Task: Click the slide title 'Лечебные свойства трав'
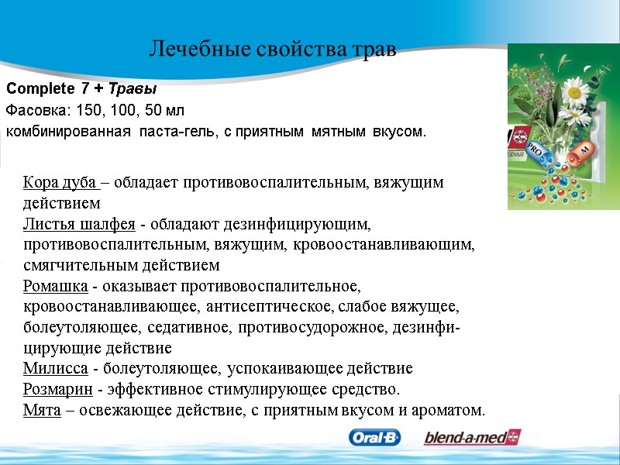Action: click(272, 50)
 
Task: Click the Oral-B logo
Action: click(375, 438)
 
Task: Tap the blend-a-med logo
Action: click(471, 438)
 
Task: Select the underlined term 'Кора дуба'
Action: click(60, 183)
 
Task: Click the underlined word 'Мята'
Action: click(42, 409)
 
